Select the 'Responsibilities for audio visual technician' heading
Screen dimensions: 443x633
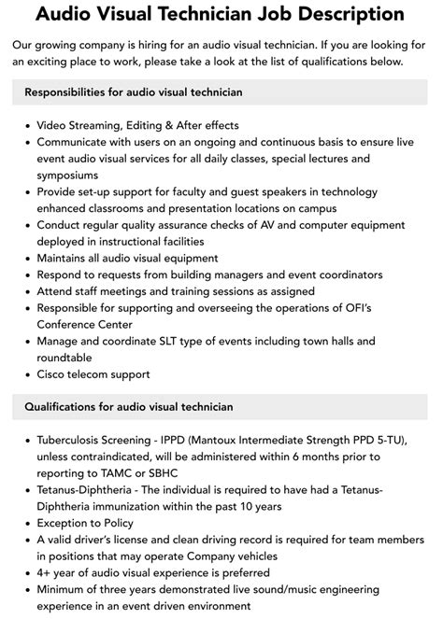[134, 92]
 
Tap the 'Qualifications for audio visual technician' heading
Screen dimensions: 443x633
[129, 407]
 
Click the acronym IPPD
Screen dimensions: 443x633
[209, 440]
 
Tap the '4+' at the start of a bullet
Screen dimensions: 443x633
[45, 573]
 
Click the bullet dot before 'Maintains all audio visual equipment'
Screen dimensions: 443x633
[24, 258]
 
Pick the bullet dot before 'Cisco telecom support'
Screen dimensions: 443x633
[24, 374]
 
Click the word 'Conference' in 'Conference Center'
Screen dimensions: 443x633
[71, 324]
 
